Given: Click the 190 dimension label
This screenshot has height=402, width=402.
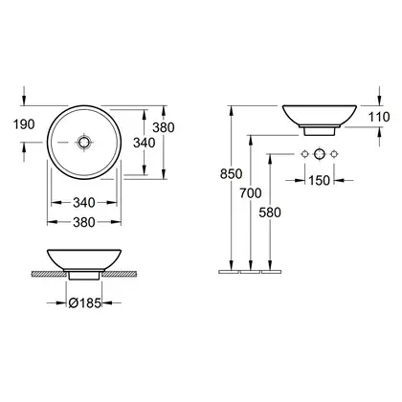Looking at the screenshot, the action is tap(24, 124).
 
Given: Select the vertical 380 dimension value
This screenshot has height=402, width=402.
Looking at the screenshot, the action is tap(164, 127).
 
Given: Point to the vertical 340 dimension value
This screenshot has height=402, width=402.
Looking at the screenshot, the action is tap(145, 143).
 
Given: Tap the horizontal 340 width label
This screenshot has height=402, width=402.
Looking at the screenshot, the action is tap(84, 202).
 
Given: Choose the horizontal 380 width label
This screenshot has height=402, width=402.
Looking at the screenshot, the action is tap(84, 222).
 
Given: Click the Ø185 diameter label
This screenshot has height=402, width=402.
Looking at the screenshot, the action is tap(85, 302).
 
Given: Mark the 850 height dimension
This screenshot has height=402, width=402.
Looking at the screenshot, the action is tap(232, 174).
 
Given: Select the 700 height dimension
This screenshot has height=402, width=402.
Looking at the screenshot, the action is tap(251, 193).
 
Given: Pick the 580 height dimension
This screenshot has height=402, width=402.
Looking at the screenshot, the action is tap(270, 212).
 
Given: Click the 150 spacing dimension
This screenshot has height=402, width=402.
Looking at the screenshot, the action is tap(319, 181).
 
